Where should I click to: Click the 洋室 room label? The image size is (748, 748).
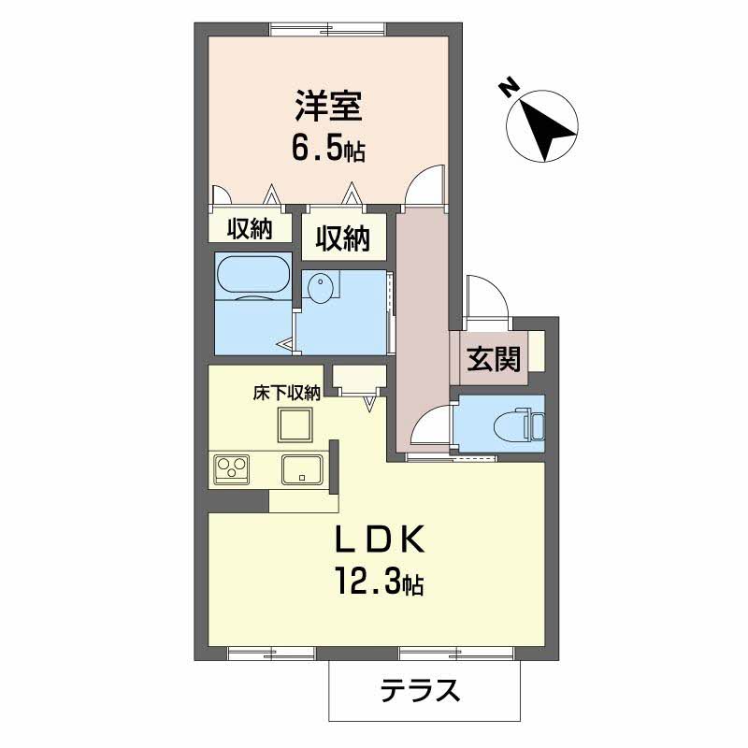pyautogui.click(x=329, y=106)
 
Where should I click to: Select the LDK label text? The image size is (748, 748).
pyautogui.click(x=381, y=539)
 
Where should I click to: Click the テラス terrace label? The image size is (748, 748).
pyautogui.click(x=421, y=690)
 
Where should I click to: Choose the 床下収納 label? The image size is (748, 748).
pyautogui.click(x=287, y=393)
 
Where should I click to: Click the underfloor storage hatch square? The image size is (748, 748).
pyautogui.click(x=295, y=425)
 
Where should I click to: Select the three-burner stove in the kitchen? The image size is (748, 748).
pyautogui.click(x=232, y=469)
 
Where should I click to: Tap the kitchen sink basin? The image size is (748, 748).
pyautogui.click(x=301, y=469)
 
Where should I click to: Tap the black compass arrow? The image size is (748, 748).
pyautogui.click(x=548, y=129)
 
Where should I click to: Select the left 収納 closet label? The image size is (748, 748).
pyautogui.click(x=249, y=229)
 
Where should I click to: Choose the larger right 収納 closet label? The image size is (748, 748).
pyautogui.click(x=343, y=238)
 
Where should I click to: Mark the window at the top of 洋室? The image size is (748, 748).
pyautogui.click(x=328, y=30)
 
